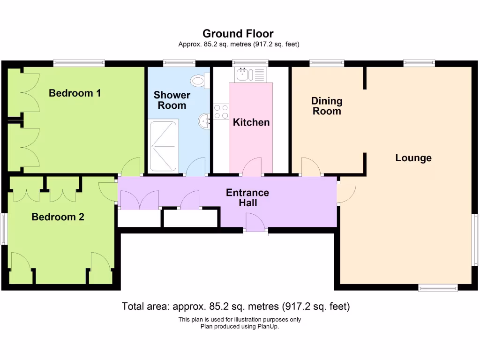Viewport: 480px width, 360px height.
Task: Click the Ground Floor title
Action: click(x=238, y=34)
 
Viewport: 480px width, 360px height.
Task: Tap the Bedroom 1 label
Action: click(x=75, y=93)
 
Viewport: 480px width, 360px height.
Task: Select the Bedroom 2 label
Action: click(x=58, y=217)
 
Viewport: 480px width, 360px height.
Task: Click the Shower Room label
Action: click(x=172, y=100)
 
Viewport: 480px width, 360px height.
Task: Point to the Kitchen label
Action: click(x=251, y=122)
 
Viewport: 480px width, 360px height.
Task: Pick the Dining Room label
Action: click(x=327, y=106)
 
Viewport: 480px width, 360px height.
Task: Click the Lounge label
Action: click(x=413, y=158)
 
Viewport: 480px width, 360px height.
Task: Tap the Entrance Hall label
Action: click(x=247, y=198)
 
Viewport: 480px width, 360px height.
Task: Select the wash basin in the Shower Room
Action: click(x=204, y=121)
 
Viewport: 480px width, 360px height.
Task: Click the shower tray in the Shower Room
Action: click(x=164, y=146)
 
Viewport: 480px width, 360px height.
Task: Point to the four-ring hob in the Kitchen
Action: click(x=221, y=111)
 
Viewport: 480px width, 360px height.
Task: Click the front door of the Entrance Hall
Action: click(x=255, y=223)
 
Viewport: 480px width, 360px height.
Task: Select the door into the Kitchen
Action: click(x=252, y=167)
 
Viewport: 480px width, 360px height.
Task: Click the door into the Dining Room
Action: click(x=311, y=167)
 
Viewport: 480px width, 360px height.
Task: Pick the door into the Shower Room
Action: click(x=195, y=167)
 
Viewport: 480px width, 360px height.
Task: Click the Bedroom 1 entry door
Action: click(x=131, y=167)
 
